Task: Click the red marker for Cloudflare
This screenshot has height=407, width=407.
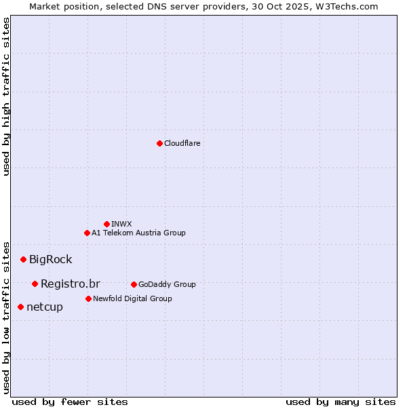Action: (159, 143)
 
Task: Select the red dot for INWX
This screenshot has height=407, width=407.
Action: (106, 224)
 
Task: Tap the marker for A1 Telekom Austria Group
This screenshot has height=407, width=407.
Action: (87, 233)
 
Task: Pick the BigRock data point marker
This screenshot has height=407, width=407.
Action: (23, 259)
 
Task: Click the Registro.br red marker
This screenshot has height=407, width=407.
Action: (35, 284)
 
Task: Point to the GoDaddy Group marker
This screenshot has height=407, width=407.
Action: (134, 284)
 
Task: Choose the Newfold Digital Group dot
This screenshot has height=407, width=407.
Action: (88, 298)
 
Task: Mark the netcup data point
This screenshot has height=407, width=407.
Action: (20, 307)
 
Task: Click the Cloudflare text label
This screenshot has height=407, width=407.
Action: (182, 143)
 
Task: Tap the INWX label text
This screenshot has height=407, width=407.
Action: (121, 224)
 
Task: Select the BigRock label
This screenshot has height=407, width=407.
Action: (50, 259)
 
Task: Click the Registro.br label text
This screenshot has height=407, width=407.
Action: (70, 284)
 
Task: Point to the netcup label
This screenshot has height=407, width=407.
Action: (45, 307)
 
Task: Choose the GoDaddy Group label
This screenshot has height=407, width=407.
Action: (167, 284)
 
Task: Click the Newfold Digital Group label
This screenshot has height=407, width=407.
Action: (132, 298)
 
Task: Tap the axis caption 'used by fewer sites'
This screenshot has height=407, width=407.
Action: (70, 402)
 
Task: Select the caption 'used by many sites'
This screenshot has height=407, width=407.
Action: (341, 402)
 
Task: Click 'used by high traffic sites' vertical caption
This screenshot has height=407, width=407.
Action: (7, 96)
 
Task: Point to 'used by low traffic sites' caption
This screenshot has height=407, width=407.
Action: (7, 317)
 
